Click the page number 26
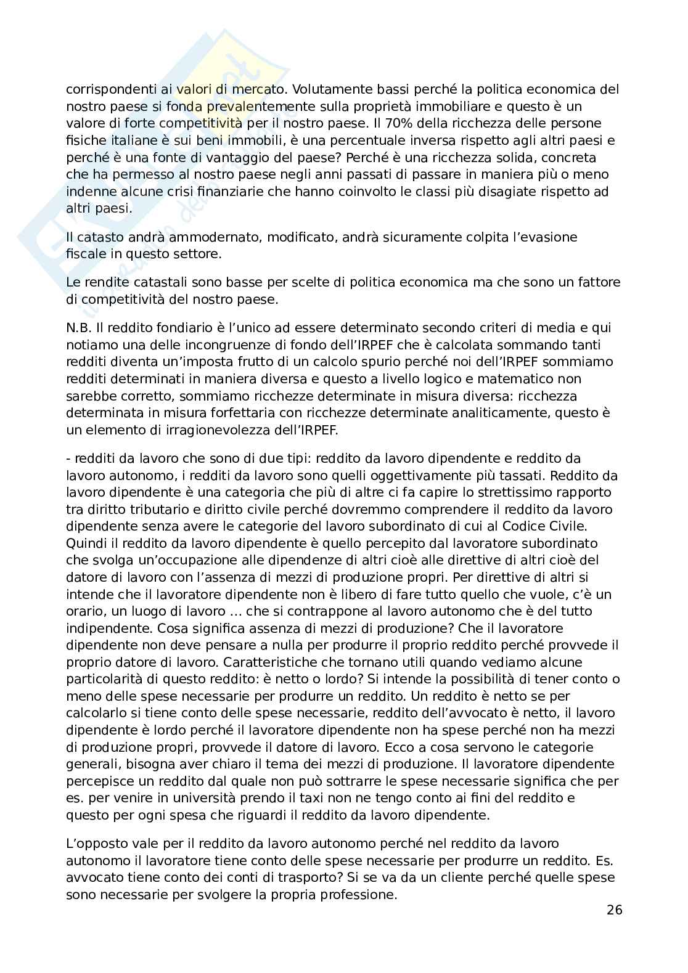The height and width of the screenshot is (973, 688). pyautogui.click(x=614, y=910)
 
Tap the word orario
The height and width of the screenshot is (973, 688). pyautogui.click(x=85, y=611)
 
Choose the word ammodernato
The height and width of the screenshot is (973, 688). pyautogui.click(x=202, y=237)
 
